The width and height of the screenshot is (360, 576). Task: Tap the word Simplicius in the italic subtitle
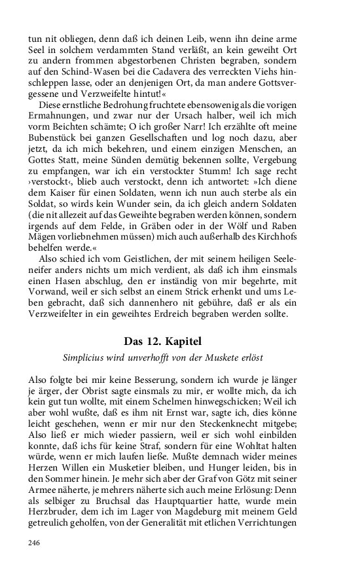coord(86,359)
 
